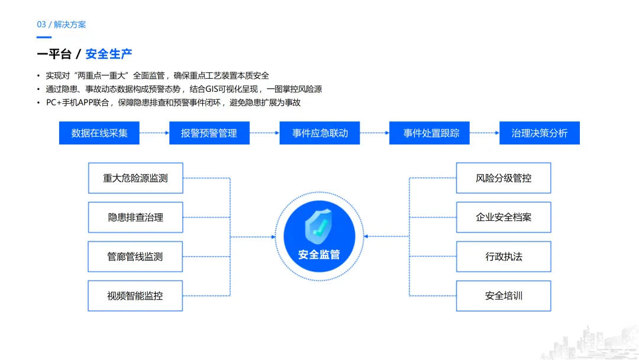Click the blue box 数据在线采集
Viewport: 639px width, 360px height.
click(x=99, y=133)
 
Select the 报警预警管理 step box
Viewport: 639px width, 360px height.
click(x=209, y=133)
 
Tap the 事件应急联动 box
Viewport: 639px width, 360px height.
click(x=320, y=133)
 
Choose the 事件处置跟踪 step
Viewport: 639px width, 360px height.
click(x=431, y=133)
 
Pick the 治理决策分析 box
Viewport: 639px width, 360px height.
click(x=540, y=133)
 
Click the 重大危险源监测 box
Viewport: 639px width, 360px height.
click(x=135, y=178)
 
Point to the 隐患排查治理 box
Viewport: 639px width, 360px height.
click(x=135, y=217)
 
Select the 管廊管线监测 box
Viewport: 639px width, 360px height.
click(x=135, y=256)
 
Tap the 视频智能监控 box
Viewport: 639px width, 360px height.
click(x=135, y=295)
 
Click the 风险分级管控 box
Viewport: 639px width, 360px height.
click(x=504, y=178)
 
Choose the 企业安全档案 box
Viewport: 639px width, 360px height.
click(x=504, y=217)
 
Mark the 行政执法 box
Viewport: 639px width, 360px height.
click(x=504, y=256)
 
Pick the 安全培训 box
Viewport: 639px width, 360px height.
click(x=504, y=295)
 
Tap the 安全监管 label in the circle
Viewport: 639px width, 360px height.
click(x=319, y=255)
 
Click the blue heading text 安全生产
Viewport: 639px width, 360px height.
click(x=109, y=54)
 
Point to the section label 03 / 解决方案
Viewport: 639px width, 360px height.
click(x=62, y=24)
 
